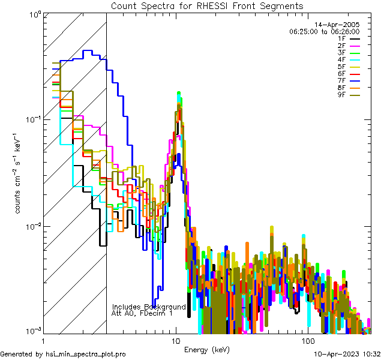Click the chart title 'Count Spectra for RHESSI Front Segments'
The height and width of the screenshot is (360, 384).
click(207, 5)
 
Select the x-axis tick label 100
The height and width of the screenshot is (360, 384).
click(307, 341)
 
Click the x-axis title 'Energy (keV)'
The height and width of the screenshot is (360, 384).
click(207, 349)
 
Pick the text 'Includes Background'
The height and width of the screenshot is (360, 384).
click(149, 307)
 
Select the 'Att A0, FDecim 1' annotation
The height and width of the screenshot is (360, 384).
click(142, 313)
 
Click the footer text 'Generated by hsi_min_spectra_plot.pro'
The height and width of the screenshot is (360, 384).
click(63, 354)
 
